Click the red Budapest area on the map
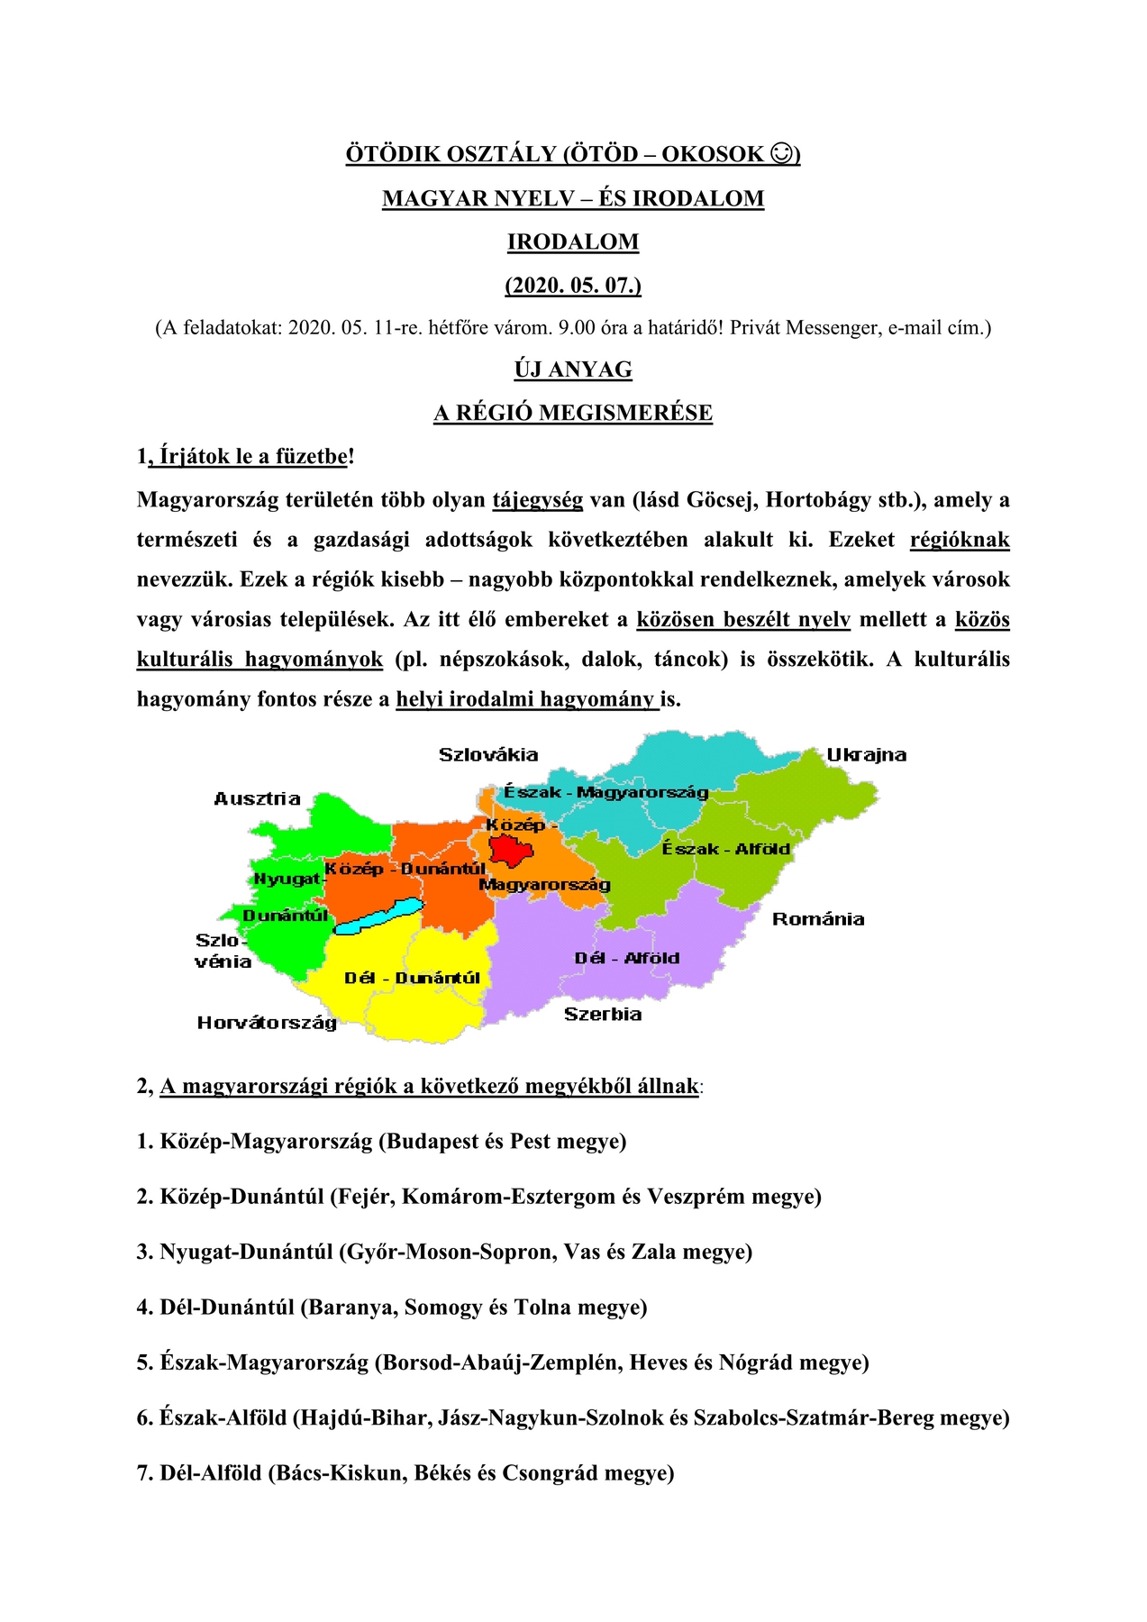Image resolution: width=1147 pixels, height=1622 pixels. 511,850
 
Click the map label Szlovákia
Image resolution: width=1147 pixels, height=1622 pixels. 488,755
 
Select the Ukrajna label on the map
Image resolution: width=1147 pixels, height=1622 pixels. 867,755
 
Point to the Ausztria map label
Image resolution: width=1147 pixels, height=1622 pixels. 257,798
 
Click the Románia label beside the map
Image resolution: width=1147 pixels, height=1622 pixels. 818,919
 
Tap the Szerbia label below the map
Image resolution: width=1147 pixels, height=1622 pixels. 603,1015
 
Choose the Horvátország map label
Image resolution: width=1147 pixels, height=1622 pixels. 267,1023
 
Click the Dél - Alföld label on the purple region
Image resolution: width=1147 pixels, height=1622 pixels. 627,958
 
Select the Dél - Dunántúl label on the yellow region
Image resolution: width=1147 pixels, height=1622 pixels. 412,979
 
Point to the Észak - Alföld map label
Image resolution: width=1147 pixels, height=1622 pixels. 725,849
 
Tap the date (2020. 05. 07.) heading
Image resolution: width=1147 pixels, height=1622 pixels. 573,286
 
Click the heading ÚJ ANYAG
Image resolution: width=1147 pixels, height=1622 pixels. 573,369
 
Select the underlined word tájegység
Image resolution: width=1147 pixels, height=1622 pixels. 538,500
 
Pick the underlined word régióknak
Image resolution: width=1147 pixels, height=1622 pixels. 960,540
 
